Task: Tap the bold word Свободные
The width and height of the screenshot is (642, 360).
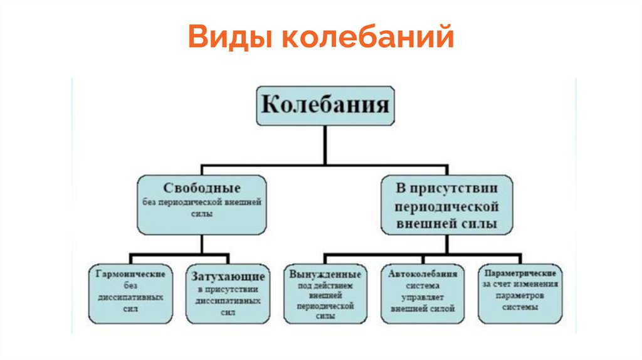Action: (x=202, y=188)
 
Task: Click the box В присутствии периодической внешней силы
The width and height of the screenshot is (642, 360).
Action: (x=446, y=205)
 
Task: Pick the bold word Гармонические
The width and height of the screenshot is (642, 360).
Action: (x=130, y=275)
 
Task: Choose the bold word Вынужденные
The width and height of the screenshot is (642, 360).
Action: (x=325, y=275)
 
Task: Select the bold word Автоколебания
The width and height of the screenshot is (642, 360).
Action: (x=423, y=274)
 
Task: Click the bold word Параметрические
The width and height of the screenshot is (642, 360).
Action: (x=520, y=273)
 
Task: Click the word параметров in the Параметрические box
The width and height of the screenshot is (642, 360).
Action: (x=520, y=295)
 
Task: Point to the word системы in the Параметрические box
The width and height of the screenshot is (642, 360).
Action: (x=520, y=307)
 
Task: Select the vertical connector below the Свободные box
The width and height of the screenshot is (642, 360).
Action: (x=202, y=245)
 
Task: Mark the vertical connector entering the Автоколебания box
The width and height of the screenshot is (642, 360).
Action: (x=423, y=260)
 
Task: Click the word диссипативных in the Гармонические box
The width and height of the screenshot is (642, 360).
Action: (x=130, y=297)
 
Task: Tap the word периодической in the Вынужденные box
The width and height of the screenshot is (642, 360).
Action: (x=325, y=307)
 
